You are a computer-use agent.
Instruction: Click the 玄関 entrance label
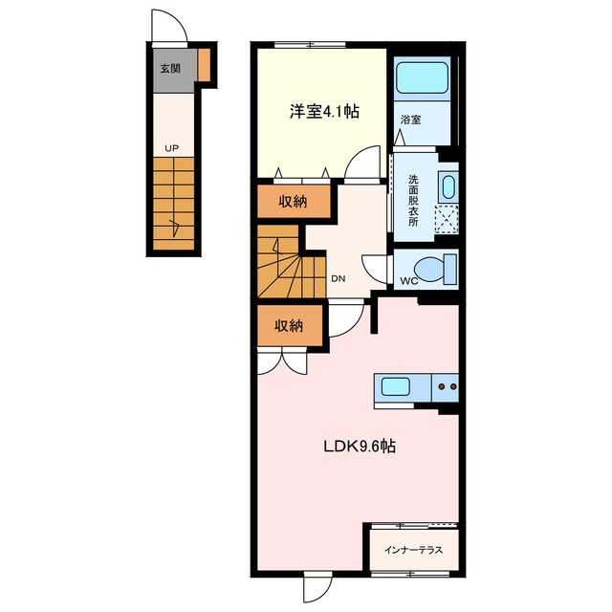click(170, 68)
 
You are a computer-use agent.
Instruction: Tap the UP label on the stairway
click(170, 148)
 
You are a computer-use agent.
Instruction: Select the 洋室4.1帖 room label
click(324, 111)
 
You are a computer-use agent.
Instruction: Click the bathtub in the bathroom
click(422, 77)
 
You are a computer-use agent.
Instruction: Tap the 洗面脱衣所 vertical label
click(413, 200)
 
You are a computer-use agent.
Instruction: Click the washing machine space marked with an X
click(446, 219)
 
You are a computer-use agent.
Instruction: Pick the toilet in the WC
click(435, 269)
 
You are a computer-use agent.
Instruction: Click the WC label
click(409, 281)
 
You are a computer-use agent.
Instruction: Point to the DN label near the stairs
click(338, 279)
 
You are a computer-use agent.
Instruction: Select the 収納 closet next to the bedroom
click(292, 202)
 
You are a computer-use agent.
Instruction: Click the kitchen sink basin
click(395, 387)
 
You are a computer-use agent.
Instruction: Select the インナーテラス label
click(413, 551)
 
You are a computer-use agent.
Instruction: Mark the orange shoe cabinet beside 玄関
click(205, 65)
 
